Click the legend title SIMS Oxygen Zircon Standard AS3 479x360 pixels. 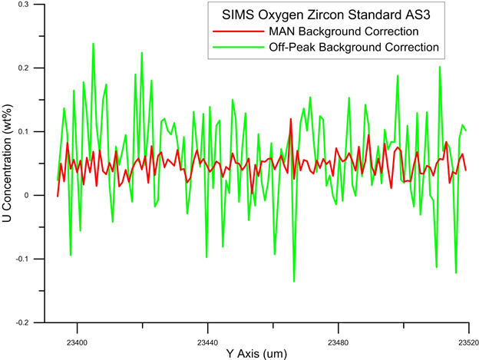click(x=325, y=16)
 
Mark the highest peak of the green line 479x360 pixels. click(x=93, y=44)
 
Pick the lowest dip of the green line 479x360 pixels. click(x=294, y=282)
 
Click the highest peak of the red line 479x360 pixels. click(x=291, y=119)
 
